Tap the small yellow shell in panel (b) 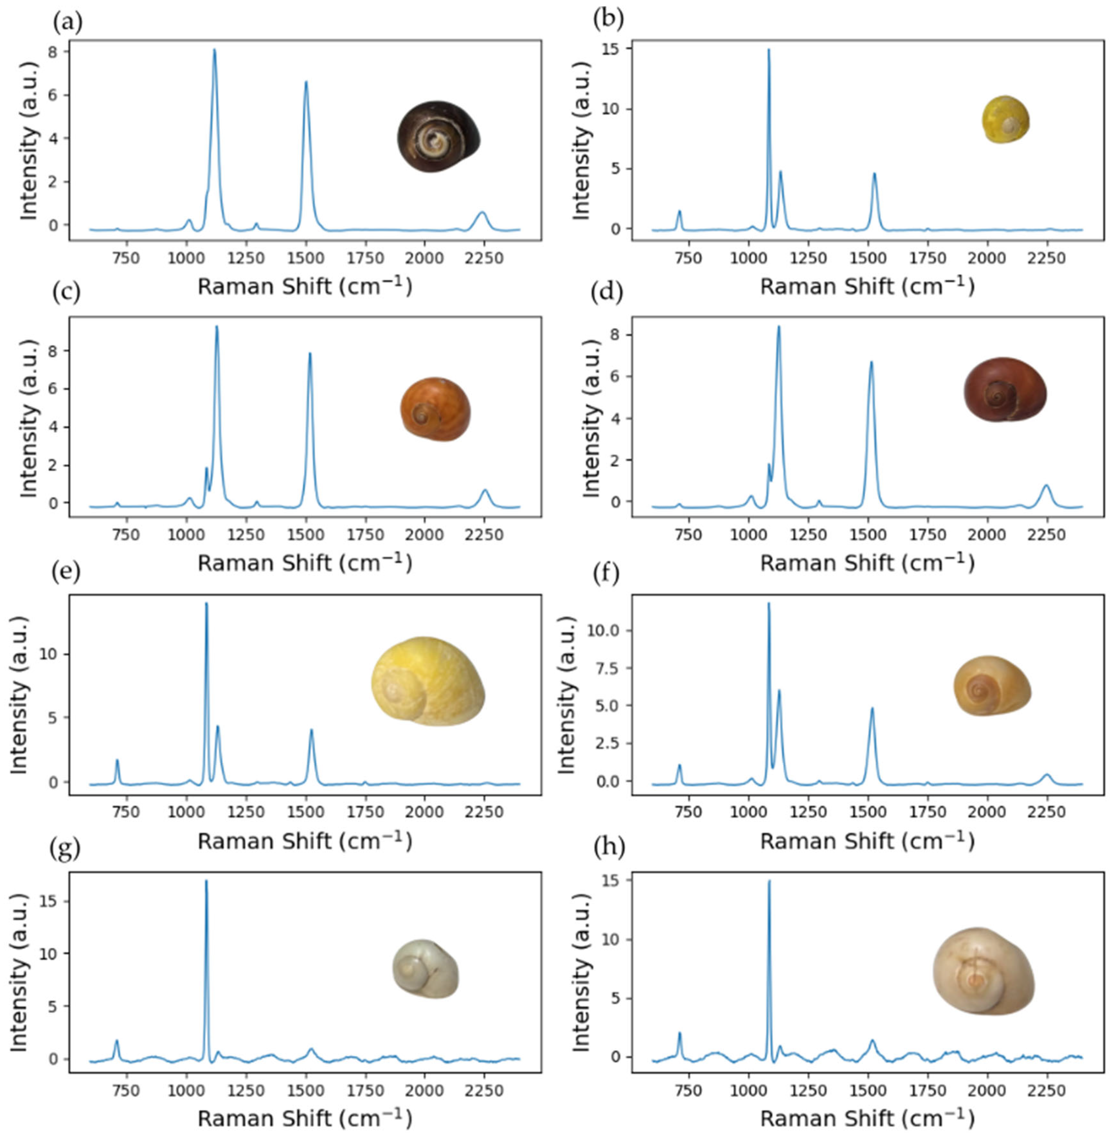(1005, 120)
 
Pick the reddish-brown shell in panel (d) (1005, 389)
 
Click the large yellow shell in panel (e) (427, 681)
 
